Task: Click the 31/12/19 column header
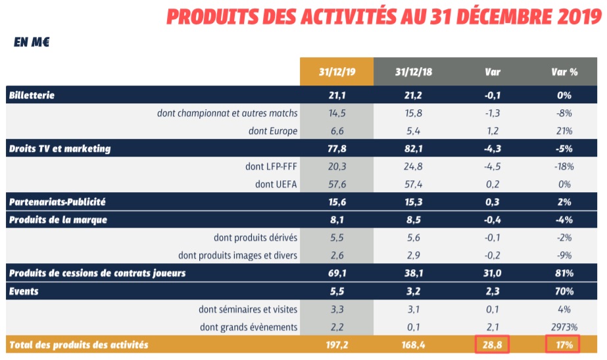pos(337,72)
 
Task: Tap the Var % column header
pos(564,72)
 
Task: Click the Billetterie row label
pos(32,95)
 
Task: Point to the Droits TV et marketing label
pos(60,148)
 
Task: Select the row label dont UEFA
pos(276,184)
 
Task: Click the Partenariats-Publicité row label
pos(57,201)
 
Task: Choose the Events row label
pos(24,290)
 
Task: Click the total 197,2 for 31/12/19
pos(337,344)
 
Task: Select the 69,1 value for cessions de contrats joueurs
pos(337,272)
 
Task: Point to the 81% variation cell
pos(564,272)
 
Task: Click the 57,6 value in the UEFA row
pos(337,184)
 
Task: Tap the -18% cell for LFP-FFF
pos(564,166)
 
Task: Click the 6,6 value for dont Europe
pos(337,130)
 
